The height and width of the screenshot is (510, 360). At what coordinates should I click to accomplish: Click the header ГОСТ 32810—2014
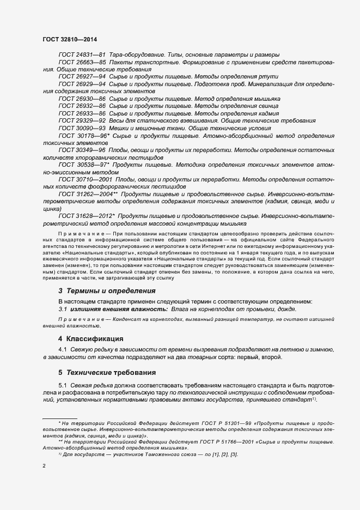tap(70, 39)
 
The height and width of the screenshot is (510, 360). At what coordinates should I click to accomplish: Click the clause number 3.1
tap(63, 309)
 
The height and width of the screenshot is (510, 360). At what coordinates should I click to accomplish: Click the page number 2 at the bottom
tap(44, 466)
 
